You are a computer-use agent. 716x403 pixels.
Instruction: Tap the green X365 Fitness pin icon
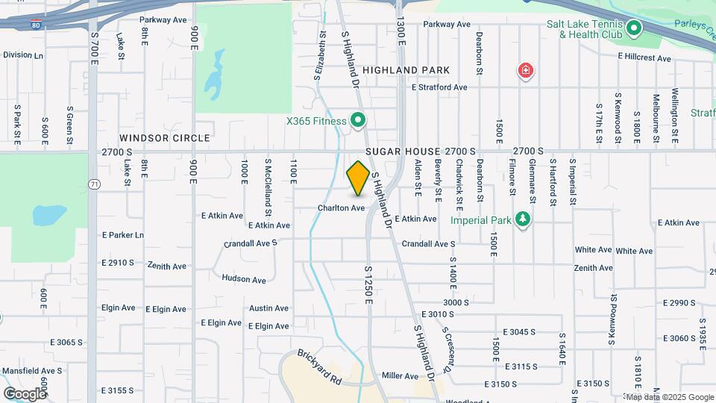358,120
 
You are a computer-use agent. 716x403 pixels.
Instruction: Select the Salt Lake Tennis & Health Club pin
634,29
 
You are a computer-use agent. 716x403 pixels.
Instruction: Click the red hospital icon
527,72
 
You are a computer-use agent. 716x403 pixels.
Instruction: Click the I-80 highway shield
37,25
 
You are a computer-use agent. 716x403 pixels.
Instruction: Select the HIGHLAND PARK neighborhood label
406,70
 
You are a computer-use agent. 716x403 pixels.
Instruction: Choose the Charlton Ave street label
341,208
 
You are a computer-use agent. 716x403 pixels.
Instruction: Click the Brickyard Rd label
319,367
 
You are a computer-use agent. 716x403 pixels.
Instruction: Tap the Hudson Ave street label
244,280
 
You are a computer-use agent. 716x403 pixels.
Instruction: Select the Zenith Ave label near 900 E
167,266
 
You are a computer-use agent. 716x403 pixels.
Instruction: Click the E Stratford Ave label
439,87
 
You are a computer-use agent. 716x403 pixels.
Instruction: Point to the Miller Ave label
400,376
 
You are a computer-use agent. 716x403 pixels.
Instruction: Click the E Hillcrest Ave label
645,56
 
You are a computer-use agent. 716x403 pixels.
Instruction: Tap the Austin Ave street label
268,308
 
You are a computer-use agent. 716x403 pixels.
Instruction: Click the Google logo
25,393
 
